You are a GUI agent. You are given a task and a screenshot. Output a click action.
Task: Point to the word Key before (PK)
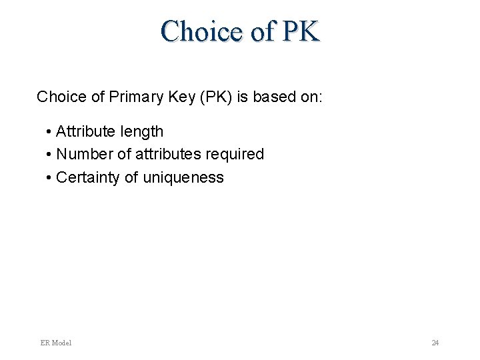tap(179, 97)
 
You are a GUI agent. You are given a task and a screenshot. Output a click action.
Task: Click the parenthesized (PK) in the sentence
tap(212, 97)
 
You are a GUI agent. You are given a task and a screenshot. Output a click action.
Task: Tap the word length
tap(141, 131)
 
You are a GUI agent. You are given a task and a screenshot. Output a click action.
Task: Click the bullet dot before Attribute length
tap(50, 132)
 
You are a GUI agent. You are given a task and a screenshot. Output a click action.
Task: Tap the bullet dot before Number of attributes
tap(50, 155)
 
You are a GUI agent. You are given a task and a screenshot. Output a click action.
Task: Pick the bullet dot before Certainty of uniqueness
tap(50, 178)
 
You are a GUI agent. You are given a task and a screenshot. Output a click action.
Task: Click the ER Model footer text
tap(56, 343)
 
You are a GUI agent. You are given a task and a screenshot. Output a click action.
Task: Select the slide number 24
tap(435, 343)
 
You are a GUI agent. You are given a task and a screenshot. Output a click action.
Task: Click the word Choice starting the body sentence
tap(61, 97)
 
